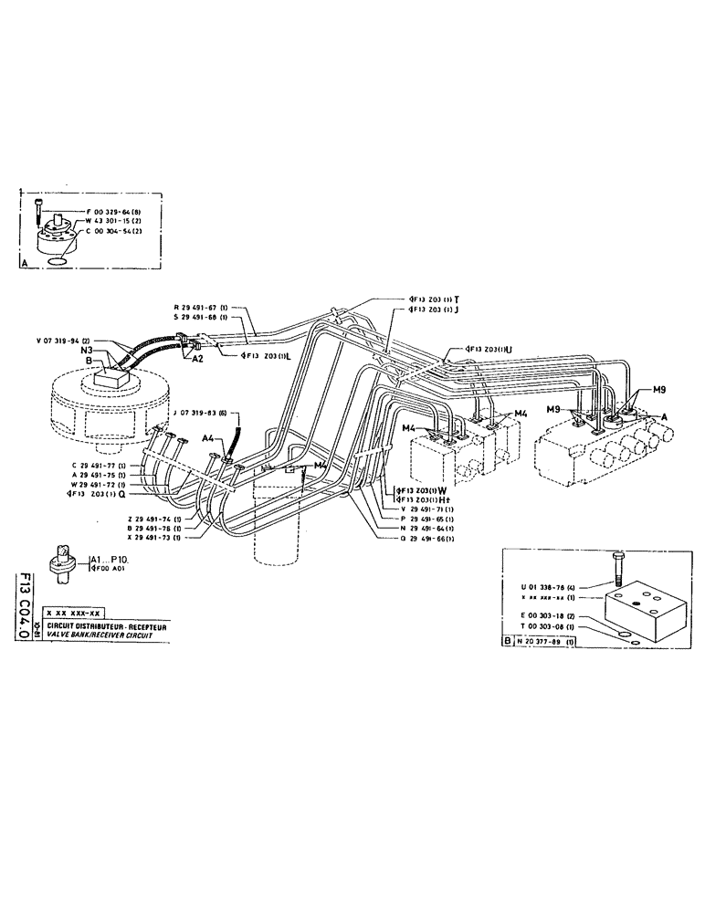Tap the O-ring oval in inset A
tap(58, 259)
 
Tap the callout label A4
tap(207, 438)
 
